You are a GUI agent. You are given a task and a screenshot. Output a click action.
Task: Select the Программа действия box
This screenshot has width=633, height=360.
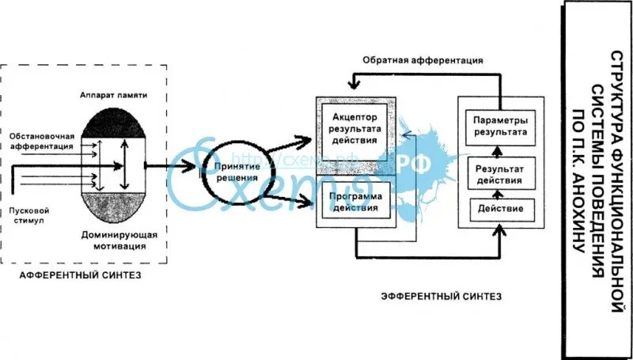[x=354, y=203]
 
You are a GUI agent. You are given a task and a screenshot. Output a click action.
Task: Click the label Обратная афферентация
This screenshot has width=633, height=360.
[x=423, y=60]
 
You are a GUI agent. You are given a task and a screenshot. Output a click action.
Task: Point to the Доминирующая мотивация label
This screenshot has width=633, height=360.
[x=119, y=241]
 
